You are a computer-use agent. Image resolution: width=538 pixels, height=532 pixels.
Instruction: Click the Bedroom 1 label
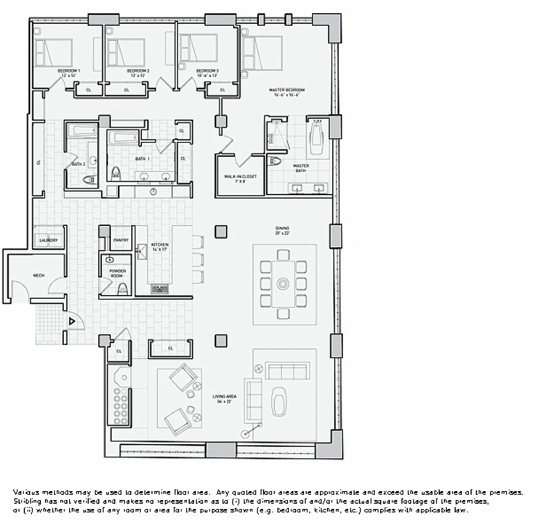[x=68, y=71]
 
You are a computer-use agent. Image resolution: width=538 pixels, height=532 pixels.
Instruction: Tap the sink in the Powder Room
[x=110, y=260]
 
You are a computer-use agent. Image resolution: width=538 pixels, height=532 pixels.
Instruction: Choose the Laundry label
[x=49, y=240]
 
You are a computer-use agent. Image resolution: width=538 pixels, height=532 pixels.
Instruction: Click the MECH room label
[x=39, y=276]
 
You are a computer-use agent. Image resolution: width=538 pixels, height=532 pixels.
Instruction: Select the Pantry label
[x=121, y=240]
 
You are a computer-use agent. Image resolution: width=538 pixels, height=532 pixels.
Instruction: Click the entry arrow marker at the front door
[x=72, y=321]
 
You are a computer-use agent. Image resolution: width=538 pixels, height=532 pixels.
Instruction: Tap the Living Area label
[x=224, y=396]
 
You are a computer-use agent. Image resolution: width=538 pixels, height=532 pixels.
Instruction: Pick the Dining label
[x=282, y=228]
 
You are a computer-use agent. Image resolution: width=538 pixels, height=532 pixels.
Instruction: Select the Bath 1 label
[x=142, y=159]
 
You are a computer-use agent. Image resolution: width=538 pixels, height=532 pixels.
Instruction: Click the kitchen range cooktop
[x=160, y=289]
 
